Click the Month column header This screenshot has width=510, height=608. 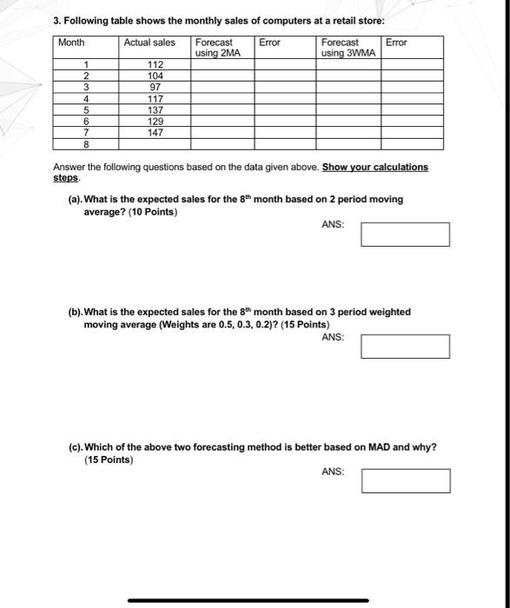72,43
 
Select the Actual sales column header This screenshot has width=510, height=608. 149,43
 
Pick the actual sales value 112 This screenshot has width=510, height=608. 156,65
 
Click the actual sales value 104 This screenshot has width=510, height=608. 156,76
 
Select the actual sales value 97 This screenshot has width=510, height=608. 156,88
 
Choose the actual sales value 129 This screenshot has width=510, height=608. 156,122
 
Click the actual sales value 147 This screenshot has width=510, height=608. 156,134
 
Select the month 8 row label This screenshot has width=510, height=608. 86,145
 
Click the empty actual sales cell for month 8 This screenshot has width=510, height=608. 156,145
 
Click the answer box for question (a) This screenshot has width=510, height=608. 405,235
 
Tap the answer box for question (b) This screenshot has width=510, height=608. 405,347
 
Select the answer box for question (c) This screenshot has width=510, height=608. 405,481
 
